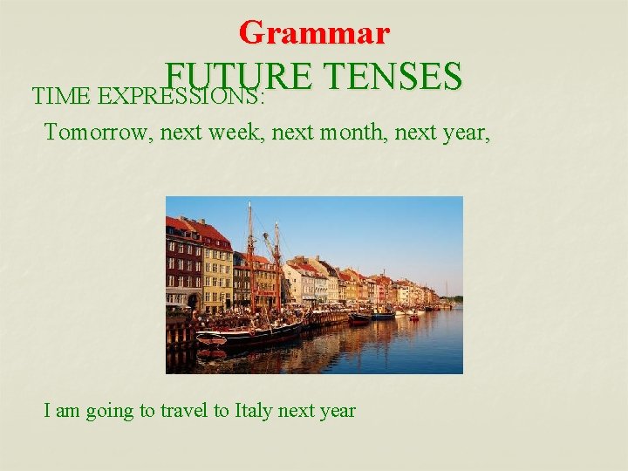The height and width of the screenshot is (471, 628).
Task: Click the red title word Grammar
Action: [314, 33]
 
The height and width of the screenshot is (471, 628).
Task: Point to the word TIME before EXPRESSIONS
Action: [62, 95]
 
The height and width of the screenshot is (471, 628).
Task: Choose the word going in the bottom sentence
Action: [110, 410]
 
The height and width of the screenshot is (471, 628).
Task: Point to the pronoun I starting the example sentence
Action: [47, 410]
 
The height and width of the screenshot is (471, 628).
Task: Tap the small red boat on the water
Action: [413, 317]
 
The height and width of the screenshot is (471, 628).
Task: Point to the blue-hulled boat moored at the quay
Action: [384, 316]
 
